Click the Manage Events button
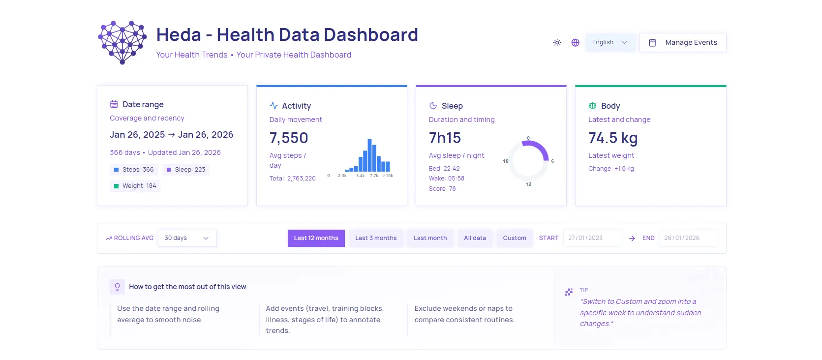(x=683, y=43)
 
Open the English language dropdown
(x=609, y=43)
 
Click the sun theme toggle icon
(x=557, y=43)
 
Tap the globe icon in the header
(x=575, y=43)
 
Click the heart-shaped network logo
(x=122, y=42)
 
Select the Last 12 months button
(x=316, y=238)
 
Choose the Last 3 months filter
(x=376, y=238)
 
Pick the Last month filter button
(x=430, y=238)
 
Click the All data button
(x=475, y=238)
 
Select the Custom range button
(x=514, y=238)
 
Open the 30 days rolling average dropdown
(x=187, y=238)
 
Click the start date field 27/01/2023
(x=591, y=238)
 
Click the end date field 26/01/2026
(x=687, y=238)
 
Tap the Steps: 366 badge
(x=133, y=170)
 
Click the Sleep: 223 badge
(x=185, y=170)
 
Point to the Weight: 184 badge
(x=135, y=186)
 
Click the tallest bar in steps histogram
(x=369, y=155)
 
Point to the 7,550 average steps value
(x=289, y=138)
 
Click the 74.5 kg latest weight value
(x=613, y=138)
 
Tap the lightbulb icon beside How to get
(x=117, y=287)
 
